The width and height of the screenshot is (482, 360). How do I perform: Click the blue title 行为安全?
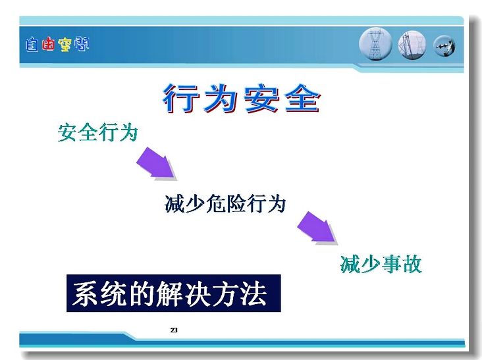(x=242, y=98)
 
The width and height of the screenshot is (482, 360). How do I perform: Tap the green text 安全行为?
(x=97, y=133)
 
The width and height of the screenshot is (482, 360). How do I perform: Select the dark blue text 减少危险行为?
(x=225, y=203)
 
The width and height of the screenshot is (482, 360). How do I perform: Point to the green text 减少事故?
(x=381, y=264)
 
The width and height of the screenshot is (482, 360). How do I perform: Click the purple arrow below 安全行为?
(x=157, y=163)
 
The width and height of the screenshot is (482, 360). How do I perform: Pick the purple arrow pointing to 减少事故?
(x=317, y=228)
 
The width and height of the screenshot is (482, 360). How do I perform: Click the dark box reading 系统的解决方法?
(x=174, y=294)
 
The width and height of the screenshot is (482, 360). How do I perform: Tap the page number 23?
(x=174, y=330)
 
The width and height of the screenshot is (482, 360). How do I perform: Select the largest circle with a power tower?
(x=375, y=44)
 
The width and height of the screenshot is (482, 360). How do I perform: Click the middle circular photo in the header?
(x=412, y=45)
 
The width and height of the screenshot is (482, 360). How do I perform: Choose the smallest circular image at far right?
(x=444, y=46)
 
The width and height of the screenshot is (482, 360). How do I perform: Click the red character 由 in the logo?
(x=48, y=44)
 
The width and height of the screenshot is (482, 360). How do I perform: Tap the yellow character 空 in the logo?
(x=65, y=45)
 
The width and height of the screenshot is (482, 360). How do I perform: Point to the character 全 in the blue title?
(x=303, y=98)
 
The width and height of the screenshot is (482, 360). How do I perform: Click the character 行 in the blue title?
(x=181, y=98)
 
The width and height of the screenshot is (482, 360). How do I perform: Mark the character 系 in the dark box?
(x=86, y=294)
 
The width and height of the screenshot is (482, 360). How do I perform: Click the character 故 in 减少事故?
(x=412, y=264)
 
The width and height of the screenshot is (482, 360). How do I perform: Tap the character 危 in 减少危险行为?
(x=215, y=203)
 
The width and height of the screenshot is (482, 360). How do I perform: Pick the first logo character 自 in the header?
(x=32, y=45)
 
